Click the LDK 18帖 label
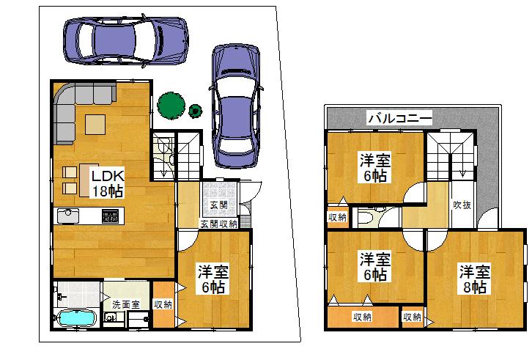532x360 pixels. [x=107, y=183]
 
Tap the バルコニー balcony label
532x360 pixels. [x=399, y=117]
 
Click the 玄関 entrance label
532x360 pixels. [x=217, y=205]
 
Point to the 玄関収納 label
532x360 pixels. [x=218, y=223]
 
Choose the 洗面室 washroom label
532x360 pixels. [x=124, y=304]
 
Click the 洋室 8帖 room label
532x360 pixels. [x=473, y=279]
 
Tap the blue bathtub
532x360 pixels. [x=76, y=320]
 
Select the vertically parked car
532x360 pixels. [x=236, y=106]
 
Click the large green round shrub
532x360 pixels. [x=171, y=104]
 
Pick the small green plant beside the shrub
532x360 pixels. [x=196, y=111]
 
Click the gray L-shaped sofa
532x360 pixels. [x=73, y=106]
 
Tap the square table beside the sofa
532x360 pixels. [x=96, y=125]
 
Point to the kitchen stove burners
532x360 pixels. [x=111, y=216]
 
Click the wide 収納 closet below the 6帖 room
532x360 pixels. [x=361, y=317]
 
